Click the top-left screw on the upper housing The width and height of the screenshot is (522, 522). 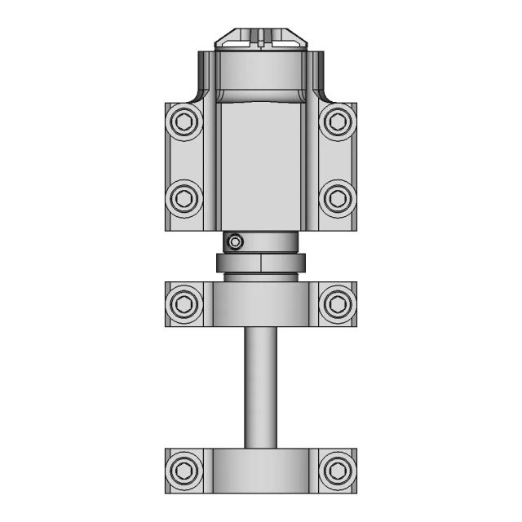[x=184, y=122]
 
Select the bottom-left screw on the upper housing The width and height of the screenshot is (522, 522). [x=184, y=197]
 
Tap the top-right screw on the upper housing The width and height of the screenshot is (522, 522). [x=337, y=122]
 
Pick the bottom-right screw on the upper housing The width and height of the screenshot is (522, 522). [x=337, y=197]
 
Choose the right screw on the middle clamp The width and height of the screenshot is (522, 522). [x=337, y=304]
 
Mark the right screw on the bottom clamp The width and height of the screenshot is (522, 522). [x=337, y=470]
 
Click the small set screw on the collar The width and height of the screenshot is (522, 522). [x=236, y=241]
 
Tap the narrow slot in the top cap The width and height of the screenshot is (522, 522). [x=260, y=38]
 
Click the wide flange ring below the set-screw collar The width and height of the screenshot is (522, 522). [x=260, y=263]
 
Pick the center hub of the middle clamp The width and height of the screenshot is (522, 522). [x=260, y=304]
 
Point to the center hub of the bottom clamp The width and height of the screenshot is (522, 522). [x=260, y=471]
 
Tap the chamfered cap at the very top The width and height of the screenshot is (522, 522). [x=260, y=41]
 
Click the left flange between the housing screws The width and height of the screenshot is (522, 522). [x=184, y=160]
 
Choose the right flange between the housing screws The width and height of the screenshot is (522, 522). [x=337, y=160]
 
